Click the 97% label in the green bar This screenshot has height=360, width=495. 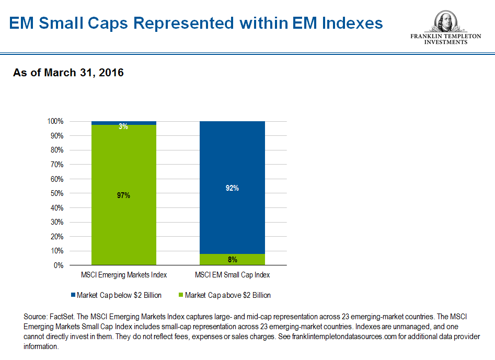pos(124,195)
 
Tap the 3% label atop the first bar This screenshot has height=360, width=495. pos(124,126)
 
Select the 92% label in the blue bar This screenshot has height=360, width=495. pos(233,188)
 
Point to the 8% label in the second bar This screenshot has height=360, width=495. pos(233,259)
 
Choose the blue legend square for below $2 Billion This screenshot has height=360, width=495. pos(73,295)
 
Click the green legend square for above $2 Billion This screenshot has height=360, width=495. pos(181,295)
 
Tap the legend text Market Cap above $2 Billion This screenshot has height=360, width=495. pos(228,295)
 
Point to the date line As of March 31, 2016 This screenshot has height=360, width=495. pos(68,73)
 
